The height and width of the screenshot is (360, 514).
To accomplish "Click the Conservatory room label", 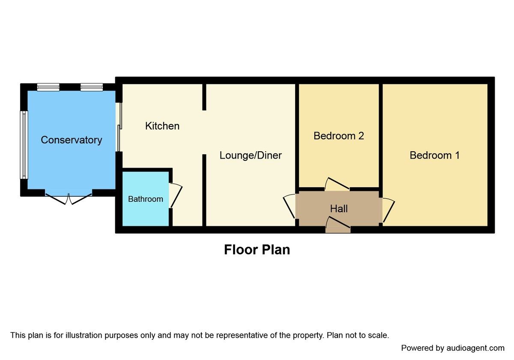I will click(x=72, y=140).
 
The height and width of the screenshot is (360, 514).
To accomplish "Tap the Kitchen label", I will click(x=162, y=126).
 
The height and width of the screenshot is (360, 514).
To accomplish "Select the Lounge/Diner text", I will click(x=251, y=155).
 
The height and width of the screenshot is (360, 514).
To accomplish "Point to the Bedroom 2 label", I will click(x=339, y=136).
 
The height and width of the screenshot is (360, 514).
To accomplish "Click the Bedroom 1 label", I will click(x=435, y=155).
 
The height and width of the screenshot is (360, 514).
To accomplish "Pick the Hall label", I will click(x=339, y=209).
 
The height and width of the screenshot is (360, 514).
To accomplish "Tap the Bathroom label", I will click(x=146, y=199).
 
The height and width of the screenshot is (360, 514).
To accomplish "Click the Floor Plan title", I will click(x=257, y=250).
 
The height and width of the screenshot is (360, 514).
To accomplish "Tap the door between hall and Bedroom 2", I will click(x=337, y=185).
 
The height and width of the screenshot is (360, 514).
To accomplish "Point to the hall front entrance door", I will click(x=338, y=225).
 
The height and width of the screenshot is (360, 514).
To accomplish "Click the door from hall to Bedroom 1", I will click(x=388, y=210).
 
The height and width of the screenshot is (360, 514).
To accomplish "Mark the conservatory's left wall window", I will click(x=24, y=145).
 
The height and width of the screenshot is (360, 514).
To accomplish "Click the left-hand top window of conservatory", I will click(x=48, y=87).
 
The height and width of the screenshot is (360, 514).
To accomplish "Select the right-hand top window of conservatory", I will click(x=91, y=87).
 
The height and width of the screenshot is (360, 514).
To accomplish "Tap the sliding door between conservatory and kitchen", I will click(x=119, y=127).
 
